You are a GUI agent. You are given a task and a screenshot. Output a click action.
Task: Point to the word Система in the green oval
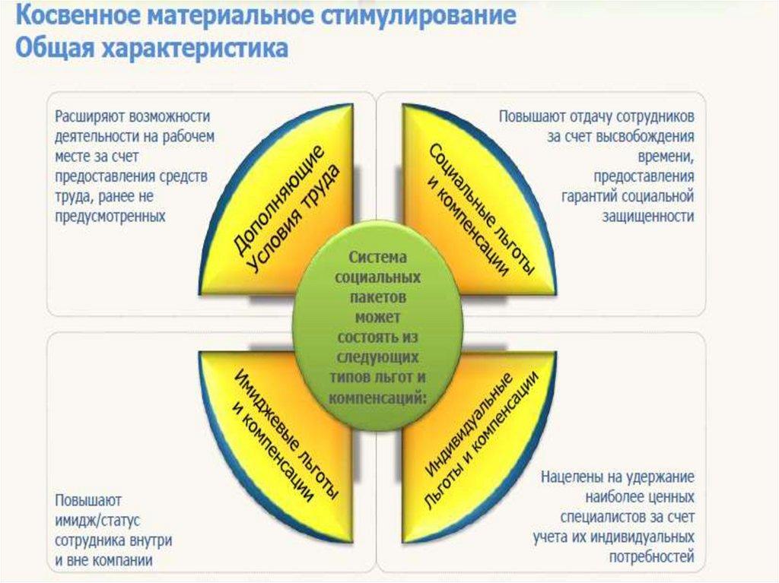tap(378, 258)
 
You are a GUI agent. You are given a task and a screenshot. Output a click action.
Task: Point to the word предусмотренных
tap(110, 216)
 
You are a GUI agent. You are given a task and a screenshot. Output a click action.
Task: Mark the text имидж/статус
tap(94, 521)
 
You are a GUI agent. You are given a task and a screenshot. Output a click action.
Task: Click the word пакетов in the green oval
tap(378, 297)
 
